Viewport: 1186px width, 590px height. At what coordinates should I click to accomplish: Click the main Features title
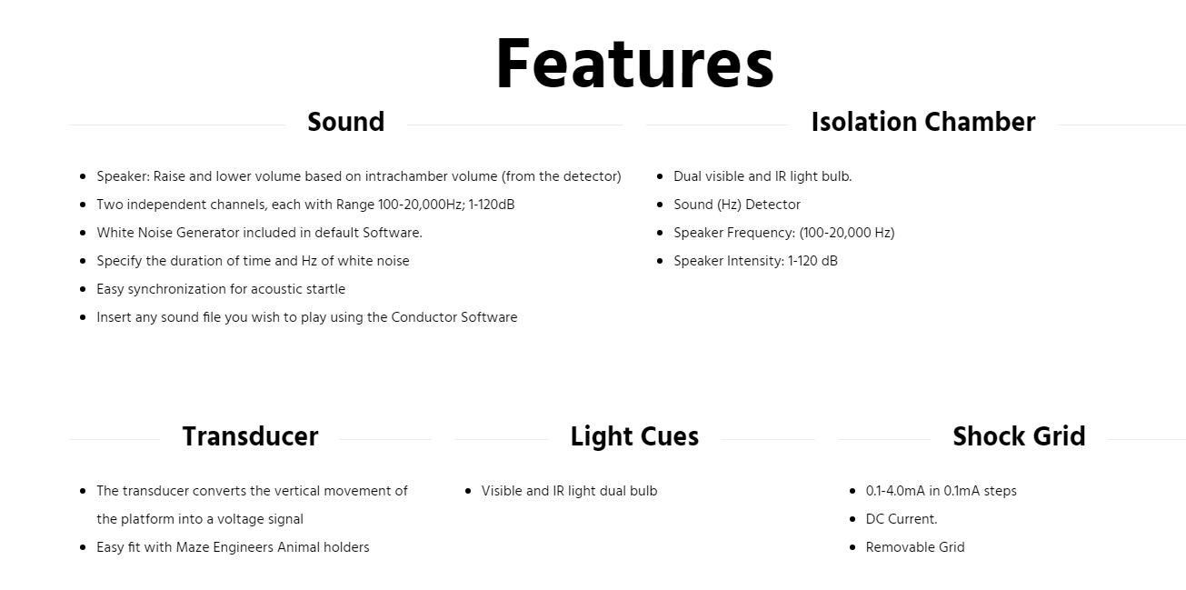click(635, 64)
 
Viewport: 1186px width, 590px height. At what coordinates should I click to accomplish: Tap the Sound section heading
click(345, 122)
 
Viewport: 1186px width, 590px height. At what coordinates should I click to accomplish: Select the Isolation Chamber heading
click(922, 122)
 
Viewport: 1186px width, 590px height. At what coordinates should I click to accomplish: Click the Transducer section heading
click(251, 436)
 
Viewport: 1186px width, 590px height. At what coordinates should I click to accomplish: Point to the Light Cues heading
click(634, 436)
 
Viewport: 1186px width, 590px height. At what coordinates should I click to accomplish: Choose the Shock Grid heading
click(1019, 436)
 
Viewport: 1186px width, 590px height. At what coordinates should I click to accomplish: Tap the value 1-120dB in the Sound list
click(492, 205)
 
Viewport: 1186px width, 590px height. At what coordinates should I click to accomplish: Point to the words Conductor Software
click(454, 317)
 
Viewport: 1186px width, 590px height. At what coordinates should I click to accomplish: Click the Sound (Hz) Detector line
click(736, 205)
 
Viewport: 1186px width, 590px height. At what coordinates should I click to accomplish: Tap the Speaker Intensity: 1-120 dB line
click(755, 261)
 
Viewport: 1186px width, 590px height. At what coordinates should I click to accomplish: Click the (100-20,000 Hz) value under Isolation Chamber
click(847, 233)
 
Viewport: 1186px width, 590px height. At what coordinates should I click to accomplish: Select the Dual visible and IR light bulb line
click(762, 176)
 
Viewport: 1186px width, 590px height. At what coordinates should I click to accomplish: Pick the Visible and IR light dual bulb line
click(569, 491)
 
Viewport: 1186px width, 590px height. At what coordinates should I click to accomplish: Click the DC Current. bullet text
click(902, 519)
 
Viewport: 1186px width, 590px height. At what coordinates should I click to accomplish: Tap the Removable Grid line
click(915, 547)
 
